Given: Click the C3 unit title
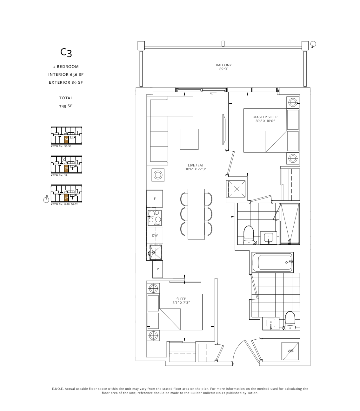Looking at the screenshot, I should click(66, 53).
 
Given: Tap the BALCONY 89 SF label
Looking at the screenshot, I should click(223, 67).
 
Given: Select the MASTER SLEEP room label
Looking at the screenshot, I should click(265, 119).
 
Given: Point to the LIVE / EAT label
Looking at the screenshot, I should click(196, 167).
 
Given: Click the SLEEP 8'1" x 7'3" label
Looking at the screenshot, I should click(181, 301).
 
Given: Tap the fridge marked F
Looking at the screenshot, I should click(155, 199).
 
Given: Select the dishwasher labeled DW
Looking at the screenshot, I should click(155, 235).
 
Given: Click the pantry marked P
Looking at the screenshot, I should click(157, 269).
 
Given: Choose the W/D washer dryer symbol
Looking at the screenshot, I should click(291, 351).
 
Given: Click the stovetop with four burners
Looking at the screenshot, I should click(155, 218).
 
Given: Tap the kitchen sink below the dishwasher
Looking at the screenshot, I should click(156, 252).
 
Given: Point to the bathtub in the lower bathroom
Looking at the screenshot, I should click(272, 262).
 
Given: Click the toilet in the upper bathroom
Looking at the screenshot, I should click(249, 235).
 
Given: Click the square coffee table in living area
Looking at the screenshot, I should click(189, 139).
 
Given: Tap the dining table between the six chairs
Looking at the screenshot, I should click(196, 214).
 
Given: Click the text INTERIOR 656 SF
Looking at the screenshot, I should click(66, 75).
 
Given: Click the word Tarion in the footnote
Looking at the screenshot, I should click(253, 393).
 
